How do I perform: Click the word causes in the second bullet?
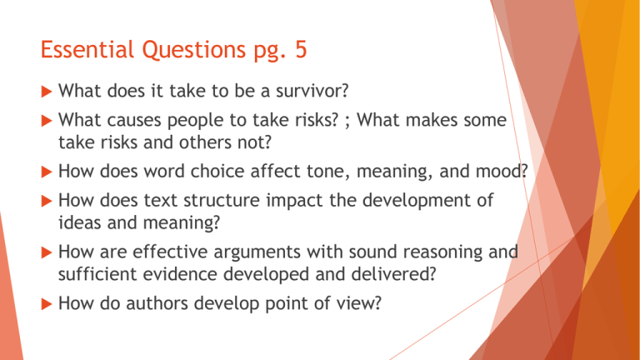coord(134,122)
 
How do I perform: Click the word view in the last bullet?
coord(362,307)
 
